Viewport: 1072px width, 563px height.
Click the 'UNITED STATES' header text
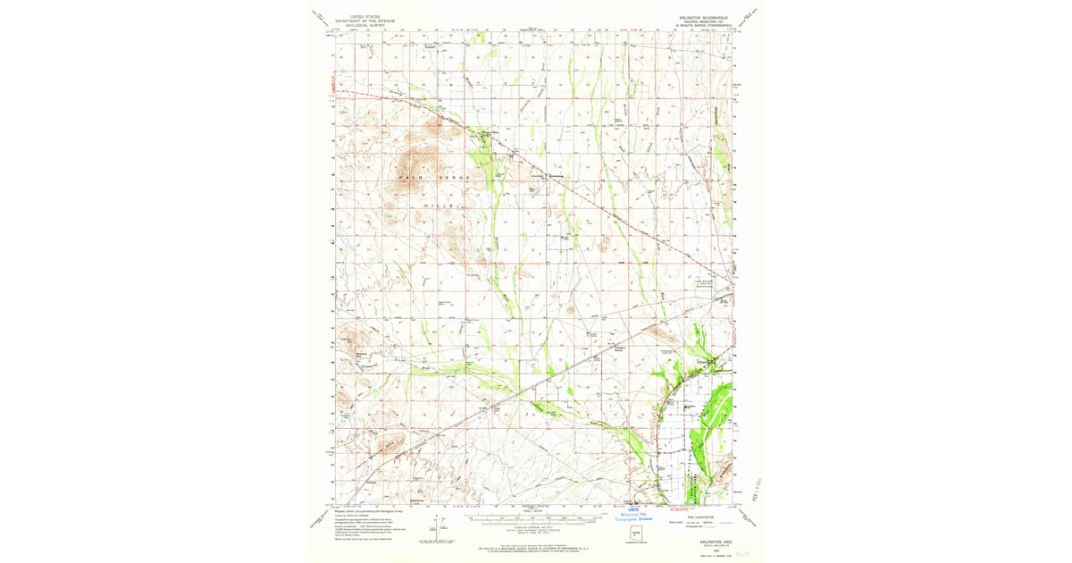364,16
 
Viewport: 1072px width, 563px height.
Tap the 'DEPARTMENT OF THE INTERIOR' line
364,21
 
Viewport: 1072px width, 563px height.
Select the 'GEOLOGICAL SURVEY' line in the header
364,25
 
